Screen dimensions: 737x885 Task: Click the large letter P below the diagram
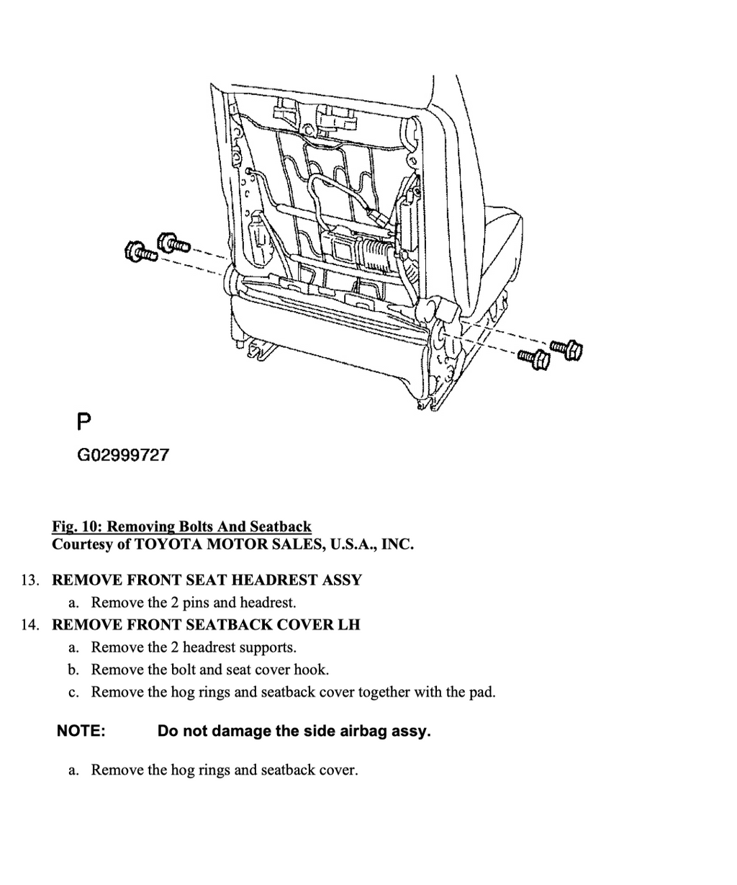pyautogui.click(x=84, y=421)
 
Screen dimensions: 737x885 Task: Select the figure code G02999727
pyautogui.click(x=123, y=455)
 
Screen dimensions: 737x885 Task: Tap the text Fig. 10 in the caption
pyautogui.click(x=77, y=526)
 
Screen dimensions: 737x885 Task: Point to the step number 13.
pyautogui.click(x=30, y=580)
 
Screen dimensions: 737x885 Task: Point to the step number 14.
pyautogui.click(x=30, y=625)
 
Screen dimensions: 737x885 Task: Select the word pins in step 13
pyautogui.click(x=195, y=603)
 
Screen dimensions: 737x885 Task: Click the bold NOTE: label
pyautogui.click(x=81, y=731)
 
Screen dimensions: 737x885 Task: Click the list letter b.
pyautogui.click(x=73, y=670)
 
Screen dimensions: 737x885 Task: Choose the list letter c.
pyautogui.click(x=73, y=693)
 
